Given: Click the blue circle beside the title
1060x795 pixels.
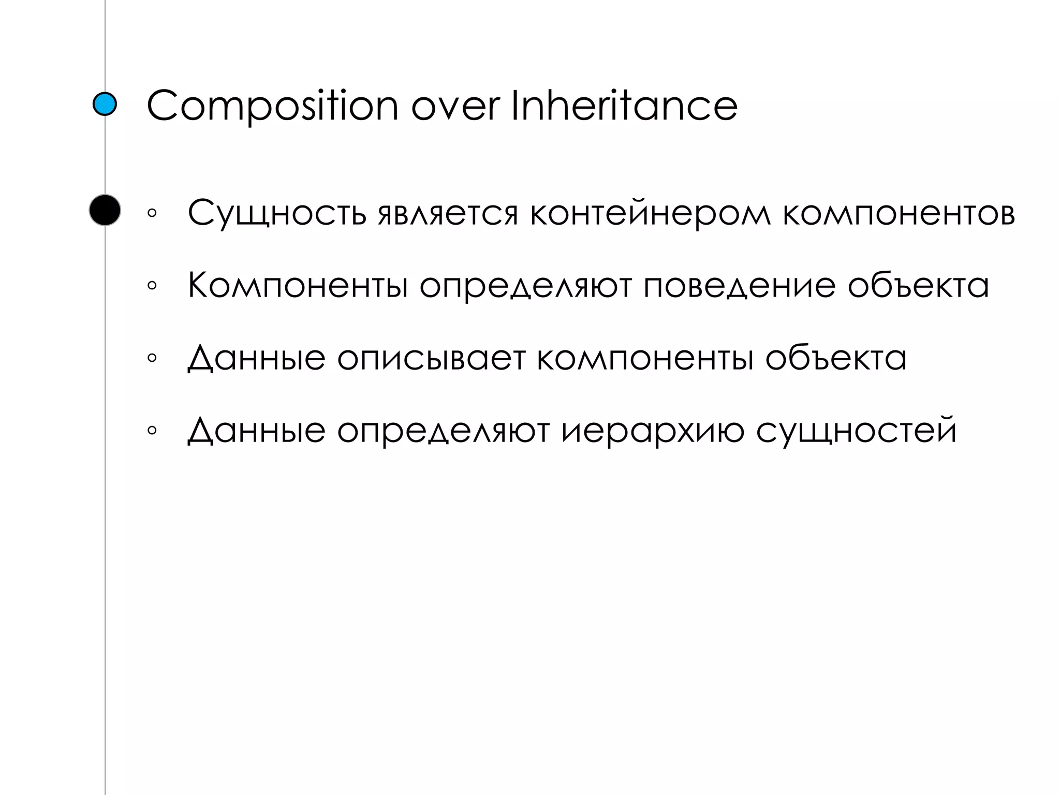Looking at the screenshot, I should [105, 105].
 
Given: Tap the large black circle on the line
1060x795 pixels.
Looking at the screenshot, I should [105, 210].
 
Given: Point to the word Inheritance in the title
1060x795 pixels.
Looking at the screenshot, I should [624, 106].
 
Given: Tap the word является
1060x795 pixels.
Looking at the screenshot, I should [448, 214].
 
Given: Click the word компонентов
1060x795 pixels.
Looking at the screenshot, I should [899, 214].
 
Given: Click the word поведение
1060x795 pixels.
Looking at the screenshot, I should [740, 286].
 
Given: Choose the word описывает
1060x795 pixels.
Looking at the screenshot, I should [431, 358].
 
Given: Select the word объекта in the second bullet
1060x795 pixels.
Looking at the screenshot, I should [918, 286].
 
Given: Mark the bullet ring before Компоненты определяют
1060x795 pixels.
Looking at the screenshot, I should [152, 285].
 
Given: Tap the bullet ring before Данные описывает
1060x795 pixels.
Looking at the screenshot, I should [152, 358].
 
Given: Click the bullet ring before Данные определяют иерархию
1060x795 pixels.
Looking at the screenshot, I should [152, 430].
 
